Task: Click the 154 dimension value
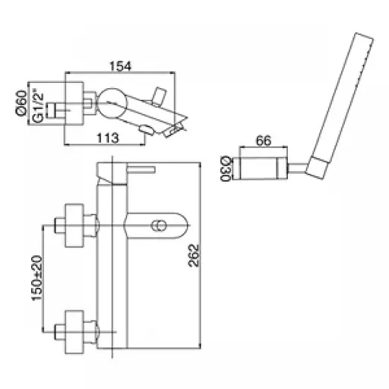click(x=120, y=66)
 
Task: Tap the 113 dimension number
click(x=108, y=138)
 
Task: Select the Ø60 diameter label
click(x=21, y=103)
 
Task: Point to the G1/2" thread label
click(x=38, y=105)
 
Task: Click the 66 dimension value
click(x=264, y=141)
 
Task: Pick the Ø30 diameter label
click(x=225, y=169)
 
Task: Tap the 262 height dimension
click(x=194, y=255)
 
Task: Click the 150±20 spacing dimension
click(x=37, y=278)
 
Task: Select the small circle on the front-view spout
click(x=159, y=226)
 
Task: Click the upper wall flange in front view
click(x=74, y=226)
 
